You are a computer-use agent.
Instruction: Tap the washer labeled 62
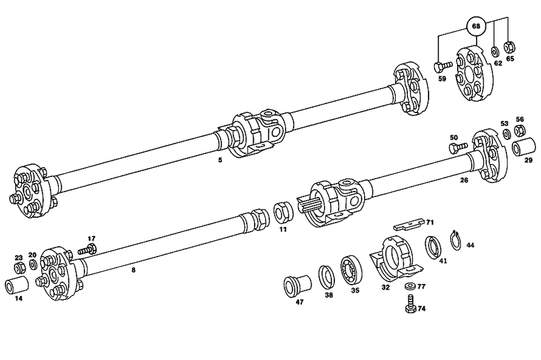click(x=495, y=51)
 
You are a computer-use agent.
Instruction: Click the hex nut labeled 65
click(x=509, y=47)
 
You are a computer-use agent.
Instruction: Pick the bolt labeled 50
click(x=457, y=147)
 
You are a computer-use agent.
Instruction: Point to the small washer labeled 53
click(x=505, y=134)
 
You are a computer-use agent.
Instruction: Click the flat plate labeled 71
click(x=410, y=224)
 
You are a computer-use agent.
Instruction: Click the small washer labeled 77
click(x=409, y=285)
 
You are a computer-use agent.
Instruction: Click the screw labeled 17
click(x=88, y=250)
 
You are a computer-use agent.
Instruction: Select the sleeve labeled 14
click(x=18, y=285)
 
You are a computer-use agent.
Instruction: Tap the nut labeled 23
click(x=18, y=268)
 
